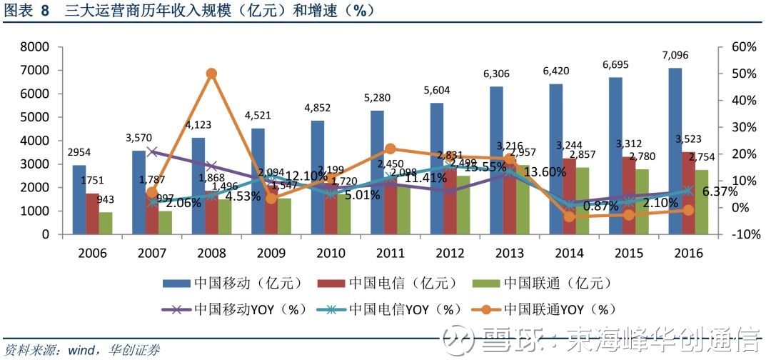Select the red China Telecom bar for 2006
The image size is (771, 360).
[92, 214]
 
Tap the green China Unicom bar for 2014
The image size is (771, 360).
[582, 201]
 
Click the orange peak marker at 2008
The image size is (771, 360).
[211, 74]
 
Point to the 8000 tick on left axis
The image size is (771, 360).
[35, 47]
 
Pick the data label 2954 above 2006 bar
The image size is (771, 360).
[80, 153]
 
